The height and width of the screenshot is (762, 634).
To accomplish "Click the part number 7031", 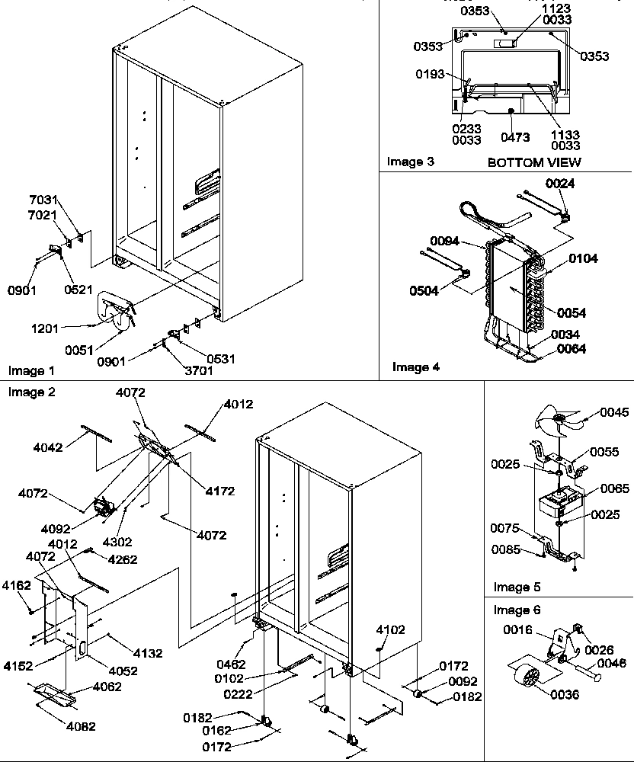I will point(43,200).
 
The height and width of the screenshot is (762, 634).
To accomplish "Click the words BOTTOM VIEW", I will point(533,162).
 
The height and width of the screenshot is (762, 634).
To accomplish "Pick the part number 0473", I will point(515,138).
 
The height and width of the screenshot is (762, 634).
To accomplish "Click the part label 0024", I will point(560,184).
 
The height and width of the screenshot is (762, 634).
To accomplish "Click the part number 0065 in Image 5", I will point(614,488).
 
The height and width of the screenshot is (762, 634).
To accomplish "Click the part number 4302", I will point(117,543).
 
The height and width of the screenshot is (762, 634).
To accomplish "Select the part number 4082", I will point(81,727).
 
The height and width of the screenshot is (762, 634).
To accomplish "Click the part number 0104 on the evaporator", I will point(582,259).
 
